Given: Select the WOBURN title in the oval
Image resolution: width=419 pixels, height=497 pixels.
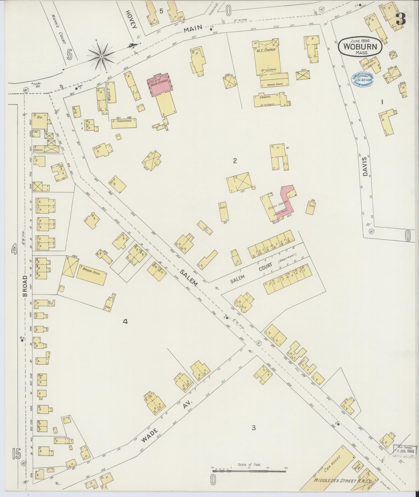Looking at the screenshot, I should coord(360,47).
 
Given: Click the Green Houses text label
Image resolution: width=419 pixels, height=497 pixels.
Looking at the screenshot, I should coord(277,207).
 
